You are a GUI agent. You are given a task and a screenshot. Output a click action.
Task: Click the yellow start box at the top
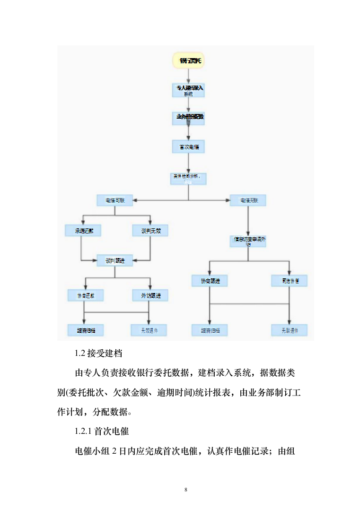click(x=188, y=60)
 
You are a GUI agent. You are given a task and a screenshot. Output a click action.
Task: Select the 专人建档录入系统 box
click(x=188, y=90)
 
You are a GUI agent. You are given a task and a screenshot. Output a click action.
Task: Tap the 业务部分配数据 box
click(x=188, y=118)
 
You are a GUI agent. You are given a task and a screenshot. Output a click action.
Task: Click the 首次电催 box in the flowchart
click(x=188, y=147)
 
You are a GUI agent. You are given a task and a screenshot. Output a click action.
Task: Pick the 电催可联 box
click(x=115, y=200)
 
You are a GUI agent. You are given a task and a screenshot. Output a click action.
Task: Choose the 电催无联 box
click(x=248, y=200)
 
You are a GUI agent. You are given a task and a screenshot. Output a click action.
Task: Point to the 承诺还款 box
click(x=82, y=230)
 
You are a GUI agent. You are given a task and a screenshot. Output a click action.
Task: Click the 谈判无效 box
click(x=150, y=230)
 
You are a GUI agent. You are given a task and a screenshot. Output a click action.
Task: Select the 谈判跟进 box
click(x=115, y=259)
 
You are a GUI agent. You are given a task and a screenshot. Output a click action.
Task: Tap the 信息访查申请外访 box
click(x=248, y=241)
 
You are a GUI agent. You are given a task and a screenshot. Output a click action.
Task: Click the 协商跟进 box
click(x=210, y=281)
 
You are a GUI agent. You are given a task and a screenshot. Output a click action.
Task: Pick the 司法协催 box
click(x=289, y=281)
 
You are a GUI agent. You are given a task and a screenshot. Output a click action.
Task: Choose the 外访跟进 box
click(x=150, y=295)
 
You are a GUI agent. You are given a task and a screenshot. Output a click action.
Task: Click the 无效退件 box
click(x=149, y=330)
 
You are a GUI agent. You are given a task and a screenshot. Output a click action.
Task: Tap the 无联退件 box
click(x=289, y=330)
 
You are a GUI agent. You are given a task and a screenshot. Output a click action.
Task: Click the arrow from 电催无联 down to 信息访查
click(x=248, y=220)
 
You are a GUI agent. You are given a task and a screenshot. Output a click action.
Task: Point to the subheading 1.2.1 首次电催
click(x=102, y=431)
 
